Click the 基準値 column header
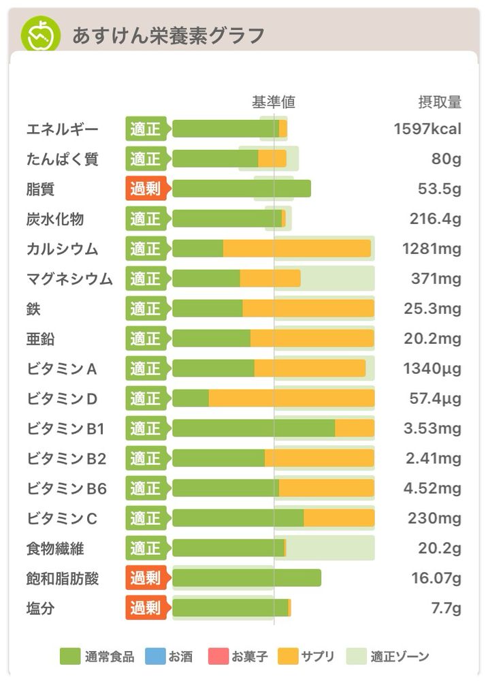tap(274, 102)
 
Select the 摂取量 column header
tap(440, 102)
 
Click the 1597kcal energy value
tap(427, 129)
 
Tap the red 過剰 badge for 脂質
tap(146, 189)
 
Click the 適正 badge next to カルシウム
tap(146, 249)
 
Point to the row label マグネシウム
tap(69, 279)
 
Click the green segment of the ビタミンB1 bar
tap(253, 428)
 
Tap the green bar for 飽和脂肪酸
tap(246, 578)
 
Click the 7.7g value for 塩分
tap(446, 608)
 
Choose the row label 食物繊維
tap(55, 548)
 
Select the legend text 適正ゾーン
tap(400, 656)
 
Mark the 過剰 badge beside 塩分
tap(146, 608)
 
